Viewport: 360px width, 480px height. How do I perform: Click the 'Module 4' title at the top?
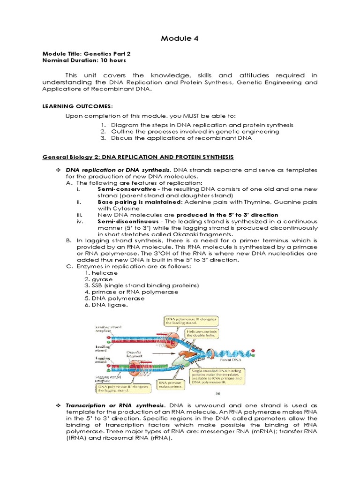point(180,37)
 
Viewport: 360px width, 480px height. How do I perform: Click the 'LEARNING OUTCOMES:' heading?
point(77,106)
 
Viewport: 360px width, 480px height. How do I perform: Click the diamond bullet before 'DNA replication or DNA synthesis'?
point(59,169)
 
